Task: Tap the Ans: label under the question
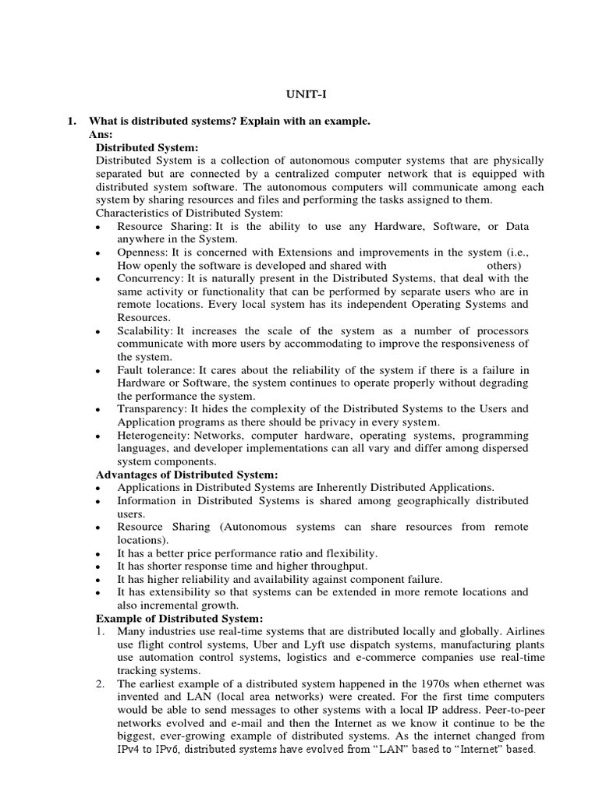103,134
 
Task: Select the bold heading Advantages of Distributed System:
186,474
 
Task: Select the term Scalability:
145,331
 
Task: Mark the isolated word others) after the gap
505,265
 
